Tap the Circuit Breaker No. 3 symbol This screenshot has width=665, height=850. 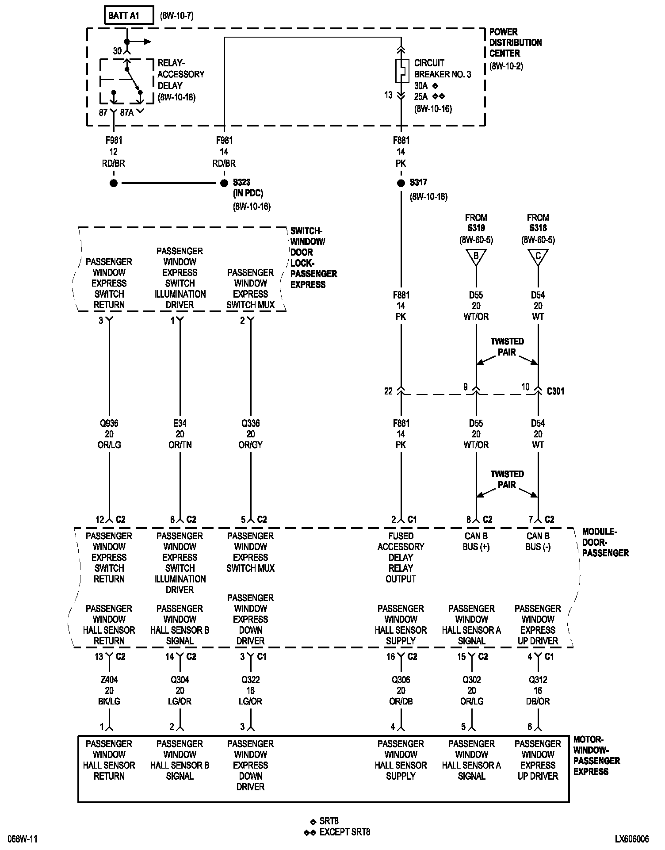click(401, 71)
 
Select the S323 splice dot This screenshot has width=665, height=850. click(224, 183)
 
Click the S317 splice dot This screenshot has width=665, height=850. click(401, 183)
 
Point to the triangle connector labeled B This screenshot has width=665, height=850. click(476, 257)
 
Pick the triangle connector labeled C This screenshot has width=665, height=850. click(538, 257)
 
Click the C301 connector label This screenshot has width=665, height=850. click(555, 391)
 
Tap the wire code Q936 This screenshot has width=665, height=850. click(109, 423)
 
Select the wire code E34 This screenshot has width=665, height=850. click(180, 423)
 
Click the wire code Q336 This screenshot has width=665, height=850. click(251, 423)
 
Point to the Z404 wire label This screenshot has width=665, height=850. click(109, 680)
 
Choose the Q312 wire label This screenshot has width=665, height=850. click(538, 680)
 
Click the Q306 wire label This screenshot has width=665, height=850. click(401, 680)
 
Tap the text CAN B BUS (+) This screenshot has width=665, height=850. click(476, 541)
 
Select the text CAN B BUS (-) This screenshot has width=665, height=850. click(538, 541)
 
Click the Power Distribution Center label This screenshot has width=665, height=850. click(515, 43)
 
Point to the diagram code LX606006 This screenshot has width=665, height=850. click(632, 839)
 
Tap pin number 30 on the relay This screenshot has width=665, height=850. click(117, 51)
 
